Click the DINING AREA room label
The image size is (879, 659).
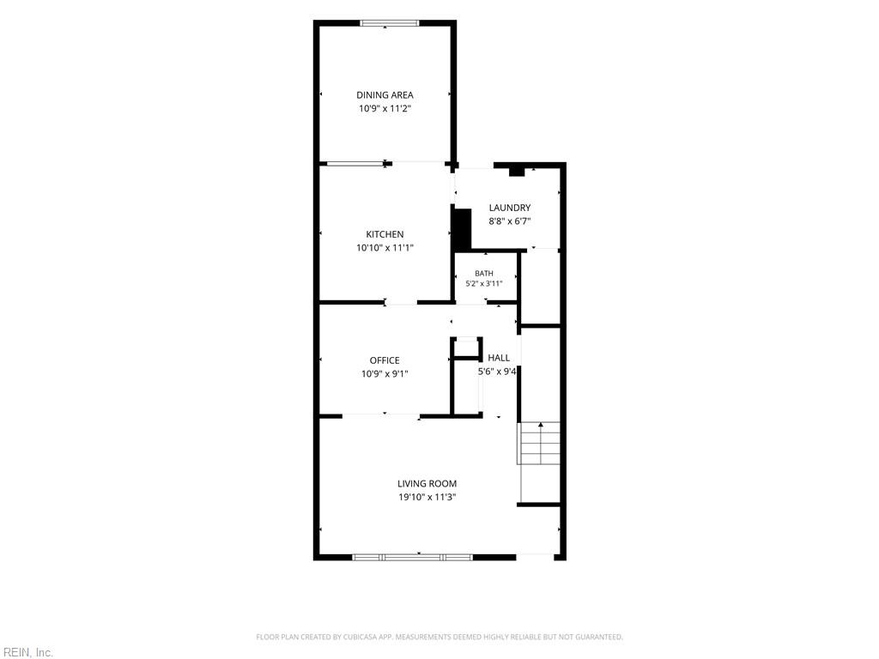tap(385, 95)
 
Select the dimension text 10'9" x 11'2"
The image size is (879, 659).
tap(385, 109)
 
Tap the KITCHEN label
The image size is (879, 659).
tap(385, 234)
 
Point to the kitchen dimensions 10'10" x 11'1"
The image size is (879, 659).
tap(385, 248)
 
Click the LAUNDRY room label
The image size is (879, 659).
tap(510, 208)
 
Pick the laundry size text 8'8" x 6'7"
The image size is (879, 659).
tap(510, 221)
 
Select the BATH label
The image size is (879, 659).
tap(484, 274)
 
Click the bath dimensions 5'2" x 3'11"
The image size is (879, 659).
tap(484, 283)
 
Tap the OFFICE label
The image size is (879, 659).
tap(385, 360)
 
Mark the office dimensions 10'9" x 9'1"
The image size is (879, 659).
tap(385, 374)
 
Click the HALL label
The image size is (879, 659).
tap(499, 358)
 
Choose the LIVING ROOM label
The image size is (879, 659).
tap(427, 484)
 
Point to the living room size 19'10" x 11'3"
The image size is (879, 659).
tap(427, 497)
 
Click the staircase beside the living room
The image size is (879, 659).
tap(539, 443)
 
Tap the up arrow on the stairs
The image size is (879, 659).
tap(541, 443)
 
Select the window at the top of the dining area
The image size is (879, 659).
tap(390, 23)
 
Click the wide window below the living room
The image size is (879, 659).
tap(413, 557)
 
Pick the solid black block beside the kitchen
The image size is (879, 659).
tap(462, 230)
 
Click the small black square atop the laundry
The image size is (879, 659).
tap(516, 172)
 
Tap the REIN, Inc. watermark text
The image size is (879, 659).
tap(27, 653)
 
